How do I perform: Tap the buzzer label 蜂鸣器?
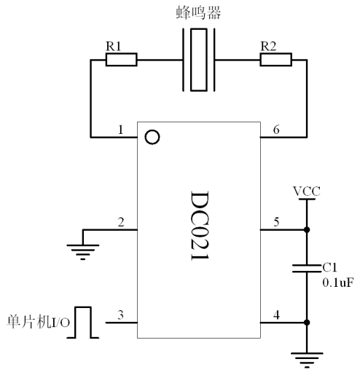click(198, 13)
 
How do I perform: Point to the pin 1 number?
click(121, 130)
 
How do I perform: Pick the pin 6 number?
click(276, 130)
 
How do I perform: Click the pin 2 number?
click(121, 222)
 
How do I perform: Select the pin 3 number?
click(121, 315)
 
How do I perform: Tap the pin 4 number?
click(276, 315)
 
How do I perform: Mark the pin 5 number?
click(276, 222)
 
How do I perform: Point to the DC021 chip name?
click(200, 226)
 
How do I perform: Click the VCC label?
click(307, 192)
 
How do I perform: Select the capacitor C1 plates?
click(307, 268)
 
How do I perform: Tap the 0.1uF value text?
click(338, 283)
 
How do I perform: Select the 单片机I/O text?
click(38, 322)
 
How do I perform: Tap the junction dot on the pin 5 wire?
click(307, 229)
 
